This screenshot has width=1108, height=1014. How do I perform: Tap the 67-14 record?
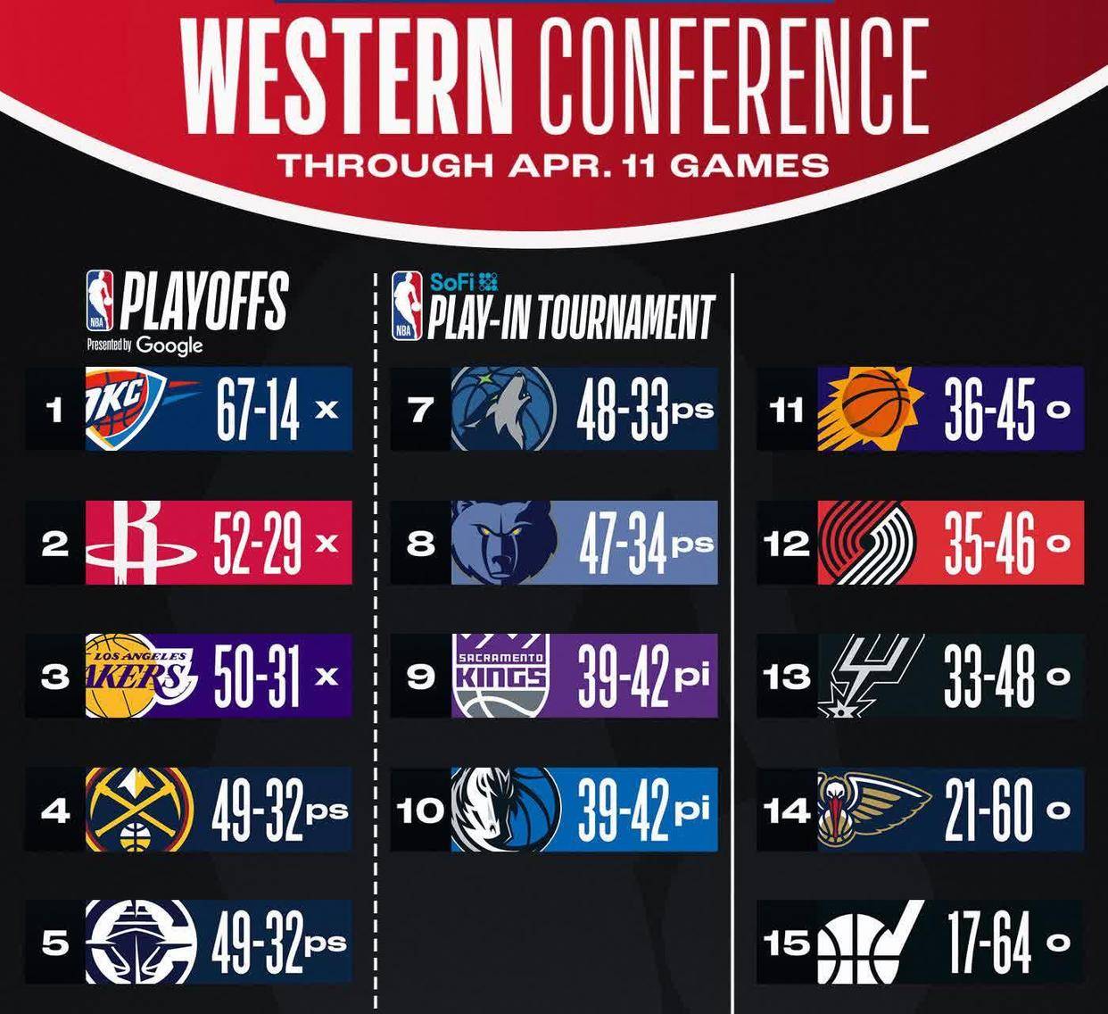click(258, 410)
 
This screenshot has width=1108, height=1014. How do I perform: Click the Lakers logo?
click(141, 676)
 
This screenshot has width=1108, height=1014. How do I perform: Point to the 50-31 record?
click(257, 677)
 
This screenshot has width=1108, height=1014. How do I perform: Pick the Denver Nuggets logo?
click(140, 809)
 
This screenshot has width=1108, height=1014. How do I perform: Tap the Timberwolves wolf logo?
click(503, 409)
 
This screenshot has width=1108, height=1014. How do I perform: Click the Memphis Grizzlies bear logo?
click(504, 543)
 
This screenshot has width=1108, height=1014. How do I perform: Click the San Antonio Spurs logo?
click(871, 676)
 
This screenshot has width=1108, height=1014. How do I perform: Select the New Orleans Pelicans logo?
click(873, 809)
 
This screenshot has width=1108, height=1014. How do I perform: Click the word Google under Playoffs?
click(169, 346)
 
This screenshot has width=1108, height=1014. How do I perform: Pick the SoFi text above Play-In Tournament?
click(451, 283)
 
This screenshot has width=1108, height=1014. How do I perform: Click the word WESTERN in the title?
click(347, 76)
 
